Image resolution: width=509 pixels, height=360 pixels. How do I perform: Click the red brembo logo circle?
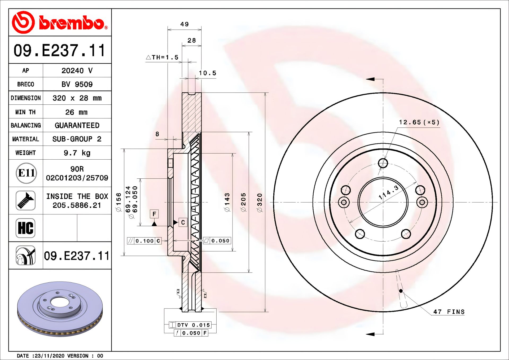[x=23, y=22]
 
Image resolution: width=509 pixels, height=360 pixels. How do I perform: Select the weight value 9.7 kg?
[x=77, y=153]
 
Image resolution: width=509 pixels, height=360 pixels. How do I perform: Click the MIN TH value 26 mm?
[x=76, y=112]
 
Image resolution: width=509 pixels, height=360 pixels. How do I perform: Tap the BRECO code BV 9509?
[x=77, y=84]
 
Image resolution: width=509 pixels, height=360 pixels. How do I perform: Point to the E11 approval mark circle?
[x=26, y=173]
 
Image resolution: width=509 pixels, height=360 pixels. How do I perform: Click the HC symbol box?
[x=25, y=228]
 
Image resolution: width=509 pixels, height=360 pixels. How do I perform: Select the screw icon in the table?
[x=25, y=200]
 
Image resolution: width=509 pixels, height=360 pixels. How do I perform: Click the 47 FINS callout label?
[x=449, y=312]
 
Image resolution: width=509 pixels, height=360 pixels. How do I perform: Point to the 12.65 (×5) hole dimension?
[x=419, y=122]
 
